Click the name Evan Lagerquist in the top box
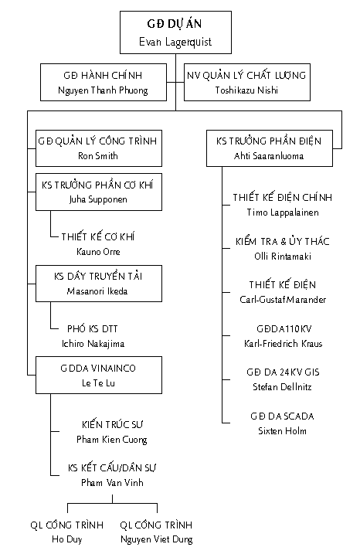pos(175,42)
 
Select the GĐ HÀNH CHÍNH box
pos(104,83)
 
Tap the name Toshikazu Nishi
pos(246,90)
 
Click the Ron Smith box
pos(99,148)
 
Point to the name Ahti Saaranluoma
pos(269,156)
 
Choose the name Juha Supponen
pos(98,199)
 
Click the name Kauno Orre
pos(98,252)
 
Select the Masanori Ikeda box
pos(99,284)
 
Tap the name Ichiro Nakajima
pos(93,344)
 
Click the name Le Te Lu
pos(98,383)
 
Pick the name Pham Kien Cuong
pos(112,440)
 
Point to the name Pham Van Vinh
pos(112,483)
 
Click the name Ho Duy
pos(66,539)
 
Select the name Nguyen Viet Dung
pos(157,539)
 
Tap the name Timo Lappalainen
pos(283,212)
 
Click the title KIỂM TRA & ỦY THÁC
pos(283,241)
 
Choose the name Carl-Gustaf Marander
pos(283,300)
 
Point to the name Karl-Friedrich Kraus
pos(283,343)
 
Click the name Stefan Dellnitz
pos(282,387)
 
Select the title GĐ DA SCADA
pos(282,416)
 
